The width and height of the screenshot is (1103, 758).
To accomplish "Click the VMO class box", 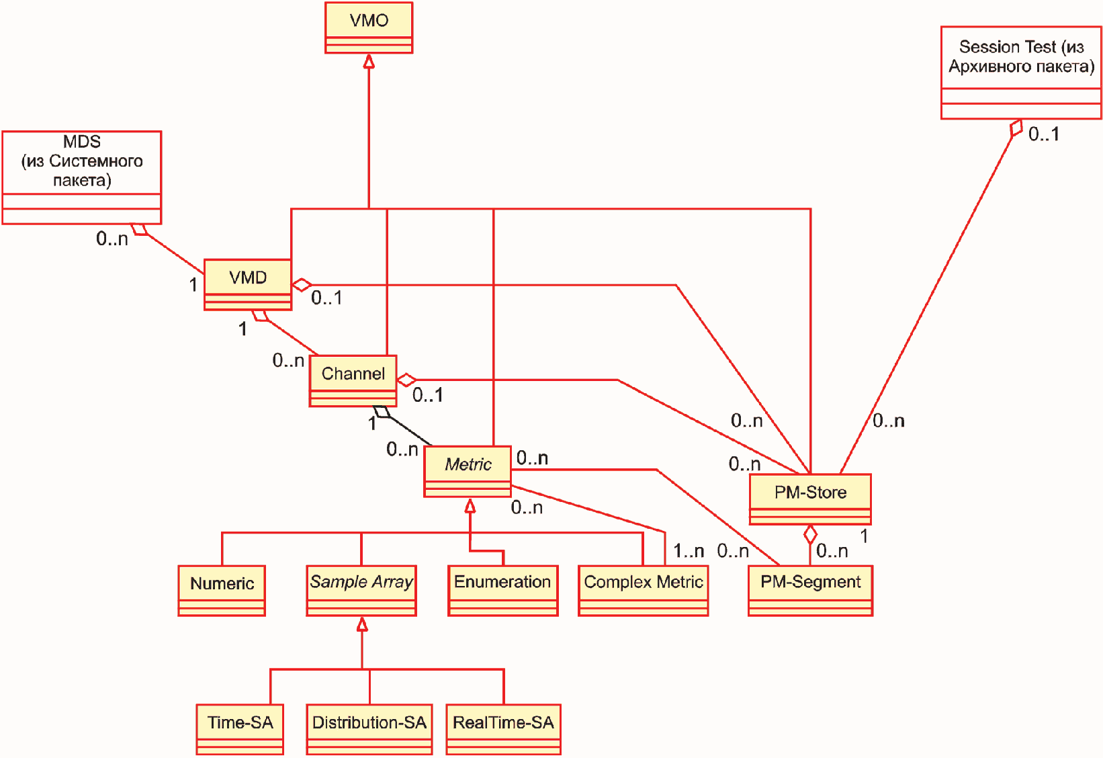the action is pyautogui.click(x=369, y=28).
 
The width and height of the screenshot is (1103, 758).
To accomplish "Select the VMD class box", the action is pyautogui.click(x=248, y=285).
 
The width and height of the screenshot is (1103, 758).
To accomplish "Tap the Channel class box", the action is pyautogui.click(x=353, y=381).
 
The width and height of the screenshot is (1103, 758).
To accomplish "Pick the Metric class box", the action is pyautogui.click(x=468, y=471).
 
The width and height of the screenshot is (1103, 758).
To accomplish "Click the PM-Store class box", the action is pyautogui.click(x=810, y=499).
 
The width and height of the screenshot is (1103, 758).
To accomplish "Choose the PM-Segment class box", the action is pyautogui.click(x=811, y=591).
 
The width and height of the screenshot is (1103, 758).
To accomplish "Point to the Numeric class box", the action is pyautogui.click(x=222, y=591).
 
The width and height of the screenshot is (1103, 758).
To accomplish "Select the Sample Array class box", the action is pyautogui.click(x=361, y=591).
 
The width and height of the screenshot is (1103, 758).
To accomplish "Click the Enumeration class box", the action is pyautogui.click(x=502, y=591).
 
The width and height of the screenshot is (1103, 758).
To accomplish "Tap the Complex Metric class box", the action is pyautogui.click(x=644, y=591).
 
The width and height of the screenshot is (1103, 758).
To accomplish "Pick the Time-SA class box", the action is pyautogui.click(x=240, y=729).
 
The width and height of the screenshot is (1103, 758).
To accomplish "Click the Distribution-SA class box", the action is pyautogui.click(x=369, y=729).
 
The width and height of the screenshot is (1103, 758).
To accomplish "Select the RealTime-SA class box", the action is pyautogui.click(x=503, y=729).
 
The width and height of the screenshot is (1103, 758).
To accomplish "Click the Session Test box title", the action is pyautogui.click(x=1022, y=56).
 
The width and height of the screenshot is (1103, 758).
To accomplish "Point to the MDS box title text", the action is pyautogui.click(x=82, y=161).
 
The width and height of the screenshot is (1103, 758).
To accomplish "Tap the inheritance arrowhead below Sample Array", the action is pyautogui.click(x=362, y=624).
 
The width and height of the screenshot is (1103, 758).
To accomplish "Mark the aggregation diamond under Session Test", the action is pyautogui.click(x=1016, y=128).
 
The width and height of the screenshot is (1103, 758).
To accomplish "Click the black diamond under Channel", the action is pyautogui.click(x=382, y=411).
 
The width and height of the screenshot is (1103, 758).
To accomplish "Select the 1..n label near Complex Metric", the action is pyautogui.click(x=689, y=550).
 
